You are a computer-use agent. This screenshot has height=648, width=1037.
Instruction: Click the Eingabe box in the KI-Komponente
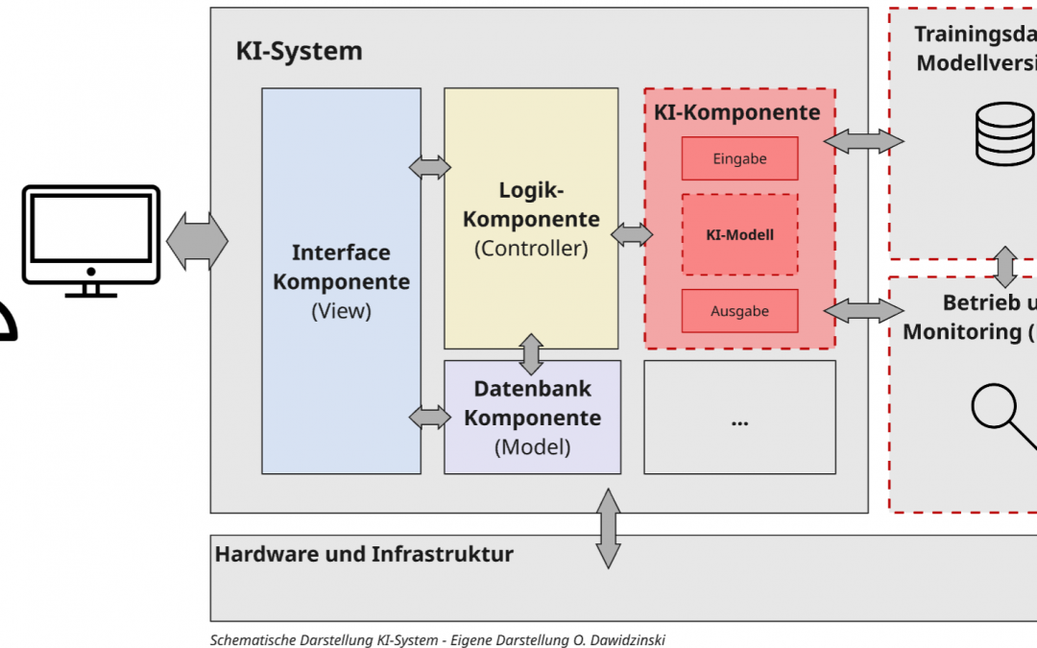point(739,158)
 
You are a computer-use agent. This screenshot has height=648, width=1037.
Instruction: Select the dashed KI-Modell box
point(739,234)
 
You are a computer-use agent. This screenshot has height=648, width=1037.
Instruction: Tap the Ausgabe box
point(739,311)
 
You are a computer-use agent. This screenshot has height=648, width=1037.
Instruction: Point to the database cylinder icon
point(1004,134)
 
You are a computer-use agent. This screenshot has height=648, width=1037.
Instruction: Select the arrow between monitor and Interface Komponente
point(198,240)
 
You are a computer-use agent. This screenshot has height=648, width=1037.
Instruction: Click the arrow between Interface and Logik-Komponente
point(430,166)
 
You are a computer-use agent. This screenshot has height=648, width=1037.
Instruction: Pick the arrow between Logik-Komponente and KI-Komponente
point(631,233)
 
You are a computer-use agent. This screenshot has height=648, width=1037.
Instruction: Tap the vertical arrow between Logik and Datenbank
point(531,354)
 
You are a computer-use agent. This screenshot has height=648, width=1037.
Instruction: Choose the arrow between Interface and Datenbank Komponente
point(430,417)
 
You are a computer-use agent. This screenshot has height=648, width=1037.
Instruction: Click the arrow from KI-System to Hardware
point(609,527)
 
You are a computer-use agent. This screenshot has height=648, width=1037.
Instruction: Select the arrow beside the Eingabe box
point(863,141)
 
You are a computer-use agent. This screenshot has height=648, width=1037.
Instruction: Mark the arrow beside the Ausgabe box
point(863,309)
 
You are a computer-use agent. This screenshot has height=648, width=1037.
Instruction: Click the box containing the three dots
point(739,418)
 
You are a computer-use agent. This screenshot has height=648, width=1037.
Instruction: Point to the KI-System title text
point(300,51)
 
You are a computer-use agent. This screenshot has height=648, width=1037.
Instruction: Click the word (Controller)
point(531,248)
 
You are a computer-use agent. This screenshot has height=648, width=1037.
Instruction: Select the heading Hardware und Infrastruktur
point(364,554)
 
